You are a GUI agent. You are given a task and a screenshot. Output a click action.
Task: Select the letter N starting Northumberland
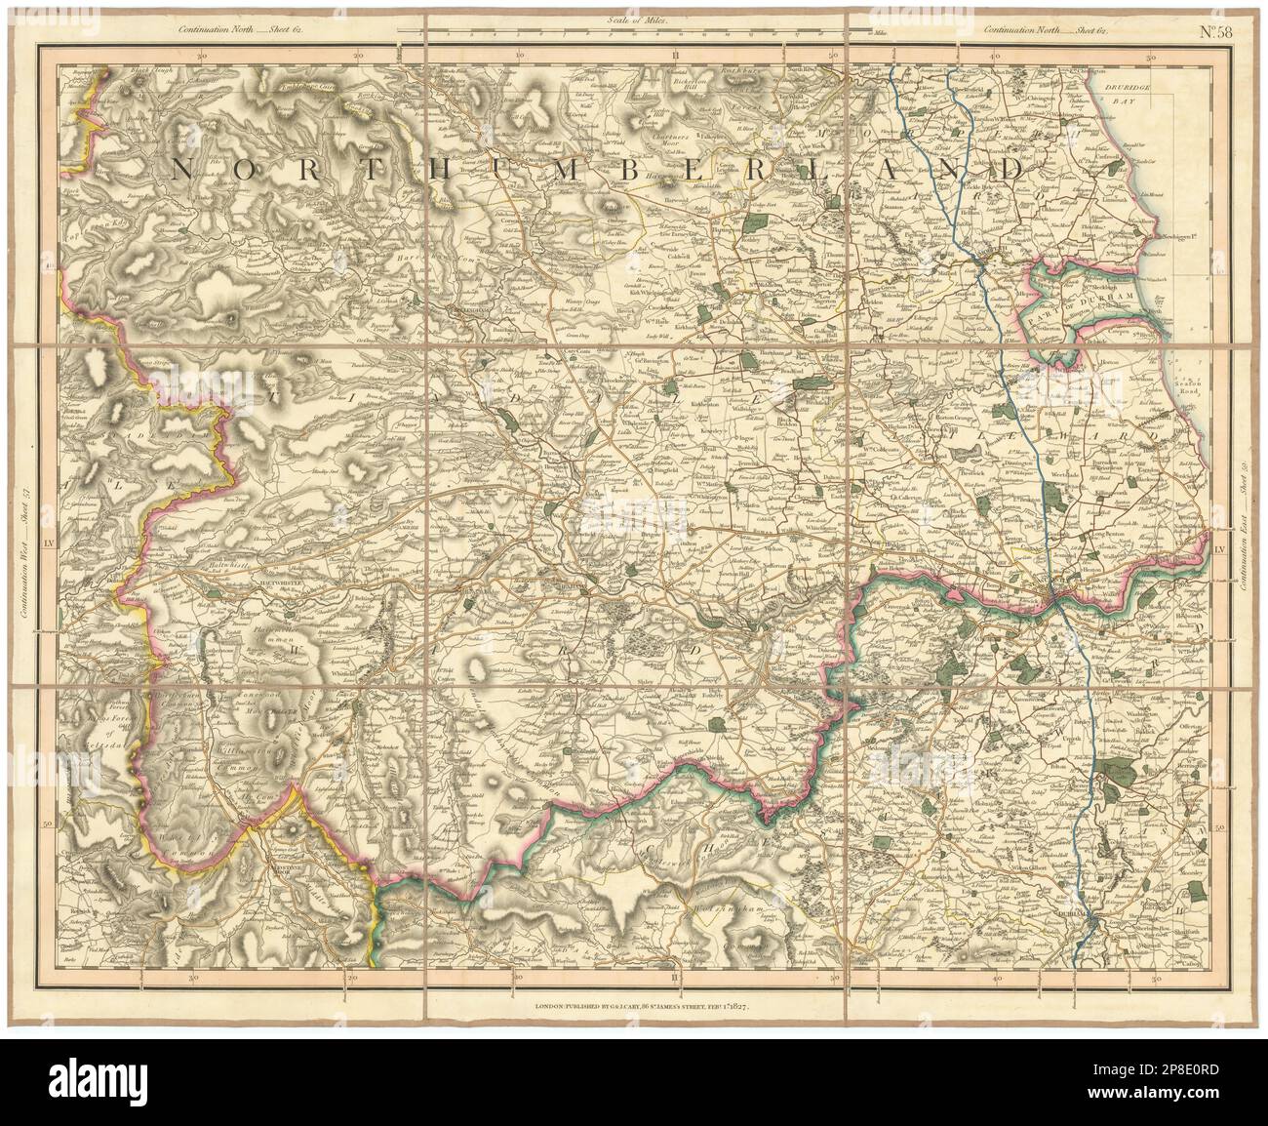(181, 170)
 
